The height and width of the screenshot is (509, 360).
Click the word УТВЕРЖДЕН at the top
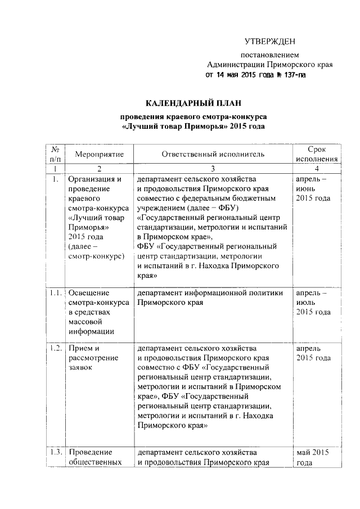269,42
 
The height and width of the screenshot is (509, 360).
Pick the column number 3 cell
213,169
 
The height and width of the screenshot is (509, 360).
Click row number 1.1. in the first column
55,293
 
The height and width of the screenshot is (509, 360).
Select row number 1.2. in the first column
55,348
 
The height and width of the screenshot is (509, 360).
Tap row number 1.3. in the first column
55,452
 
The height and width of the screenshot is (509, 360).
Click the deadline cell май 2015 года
313,457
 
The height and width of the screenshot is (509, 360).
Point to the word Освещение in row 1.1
90,293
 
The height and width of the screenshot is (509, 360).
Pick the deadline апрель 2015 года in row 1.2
313,353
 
